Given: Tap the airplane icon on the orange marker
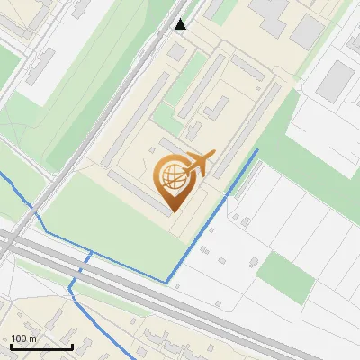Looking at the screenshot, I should tap(200, 164).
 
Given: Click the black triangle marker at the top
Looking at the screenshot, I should tap(181, 24).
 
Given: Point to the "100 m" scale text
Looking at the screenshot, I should tap(25, 338).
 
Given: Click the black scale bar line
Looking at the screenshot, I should tap(41, 346).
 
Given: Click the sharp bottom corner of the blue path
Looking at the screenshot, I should tap(166, 282).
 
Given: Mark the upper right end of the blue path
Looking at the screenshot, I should tap(257, 149).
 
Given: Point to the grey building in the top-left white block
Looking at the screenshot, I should tap(40, 67).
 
